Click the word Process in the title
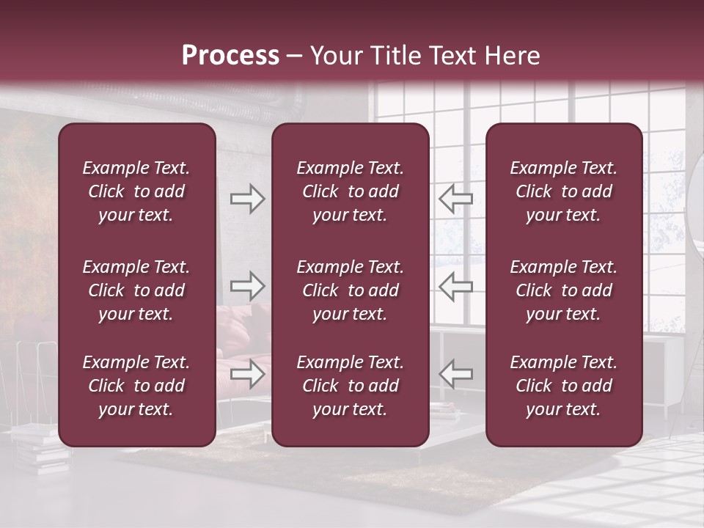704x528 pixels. [x=230, y=56]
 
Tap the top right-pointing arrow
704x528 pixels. [x=247, y=198]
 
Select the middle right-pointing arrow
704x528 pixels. [x=247, y=285]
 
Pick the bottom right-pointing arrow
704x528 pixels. [x=247, y=373]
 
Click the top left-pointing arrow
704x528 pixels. [x=455, y=198]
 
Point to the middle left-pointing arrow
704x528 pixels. [x=455, y=285]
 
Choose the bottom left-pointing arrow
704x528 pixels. [x=455, y=373]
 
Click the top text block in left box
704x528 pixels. [x=136, y=191]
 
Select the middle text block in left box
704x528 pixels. [x=136, y=290]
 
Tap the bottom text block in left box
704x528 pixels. [x=136, y=386]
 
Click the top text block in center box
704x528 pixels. [x=350, y=191]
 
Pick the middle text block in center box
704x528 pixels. [x=350, y=290]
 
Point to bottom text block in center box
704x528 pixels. [x=350, y=386]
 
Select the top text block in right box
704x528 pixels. [x=563, y=191]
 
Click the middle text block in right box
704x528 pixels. [x=563, y=290]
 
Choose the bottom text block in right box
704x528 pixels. [x=563, y=386]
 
